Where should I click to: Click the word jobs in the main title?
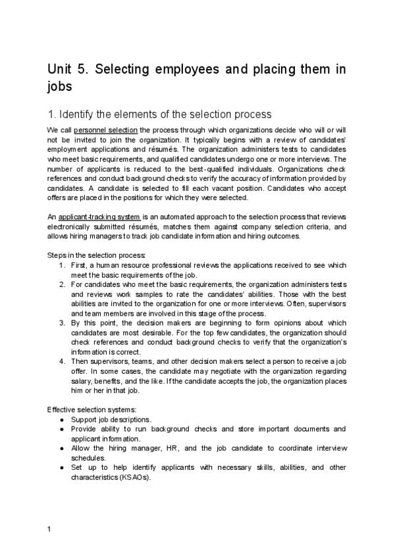pyautogui.click(x=60, y=86)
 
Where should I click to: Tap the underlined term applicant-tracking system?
pyautogui.click(x=99, y=217)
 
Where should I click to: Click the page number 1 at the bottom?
pyautogui.click(x=49, y=529)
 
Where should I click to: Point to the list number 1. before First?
pyautogui.click(x=61, y=265)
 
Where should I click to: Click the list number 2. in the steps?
pyautogui.click(x=61, y=285)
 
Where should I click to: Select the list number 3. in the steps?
pyautogui.click(x=61, y=323)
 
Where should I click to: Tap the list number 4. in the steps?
pyautogui.click(x=61, y=362)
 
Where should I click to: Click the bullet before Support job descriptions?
pyautogui.click(x=61, y=419)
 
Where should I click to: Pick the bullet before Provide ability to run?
pyautogui.click(x=61, y=429)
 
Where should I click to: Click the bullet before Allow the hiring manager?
pyautogui.click(x=61, y=448)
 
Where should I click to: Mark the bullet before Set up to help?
pyautogui.click(x=61, y=467)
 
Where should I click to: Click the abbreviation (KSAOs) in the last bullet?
pyautogui.click(x=134, y=477)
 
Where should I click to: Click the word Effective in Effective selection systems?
pyautogui.click(x=63, y=409)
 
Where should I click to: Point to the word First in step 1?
pyautogui.click(x=79, y=265)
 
